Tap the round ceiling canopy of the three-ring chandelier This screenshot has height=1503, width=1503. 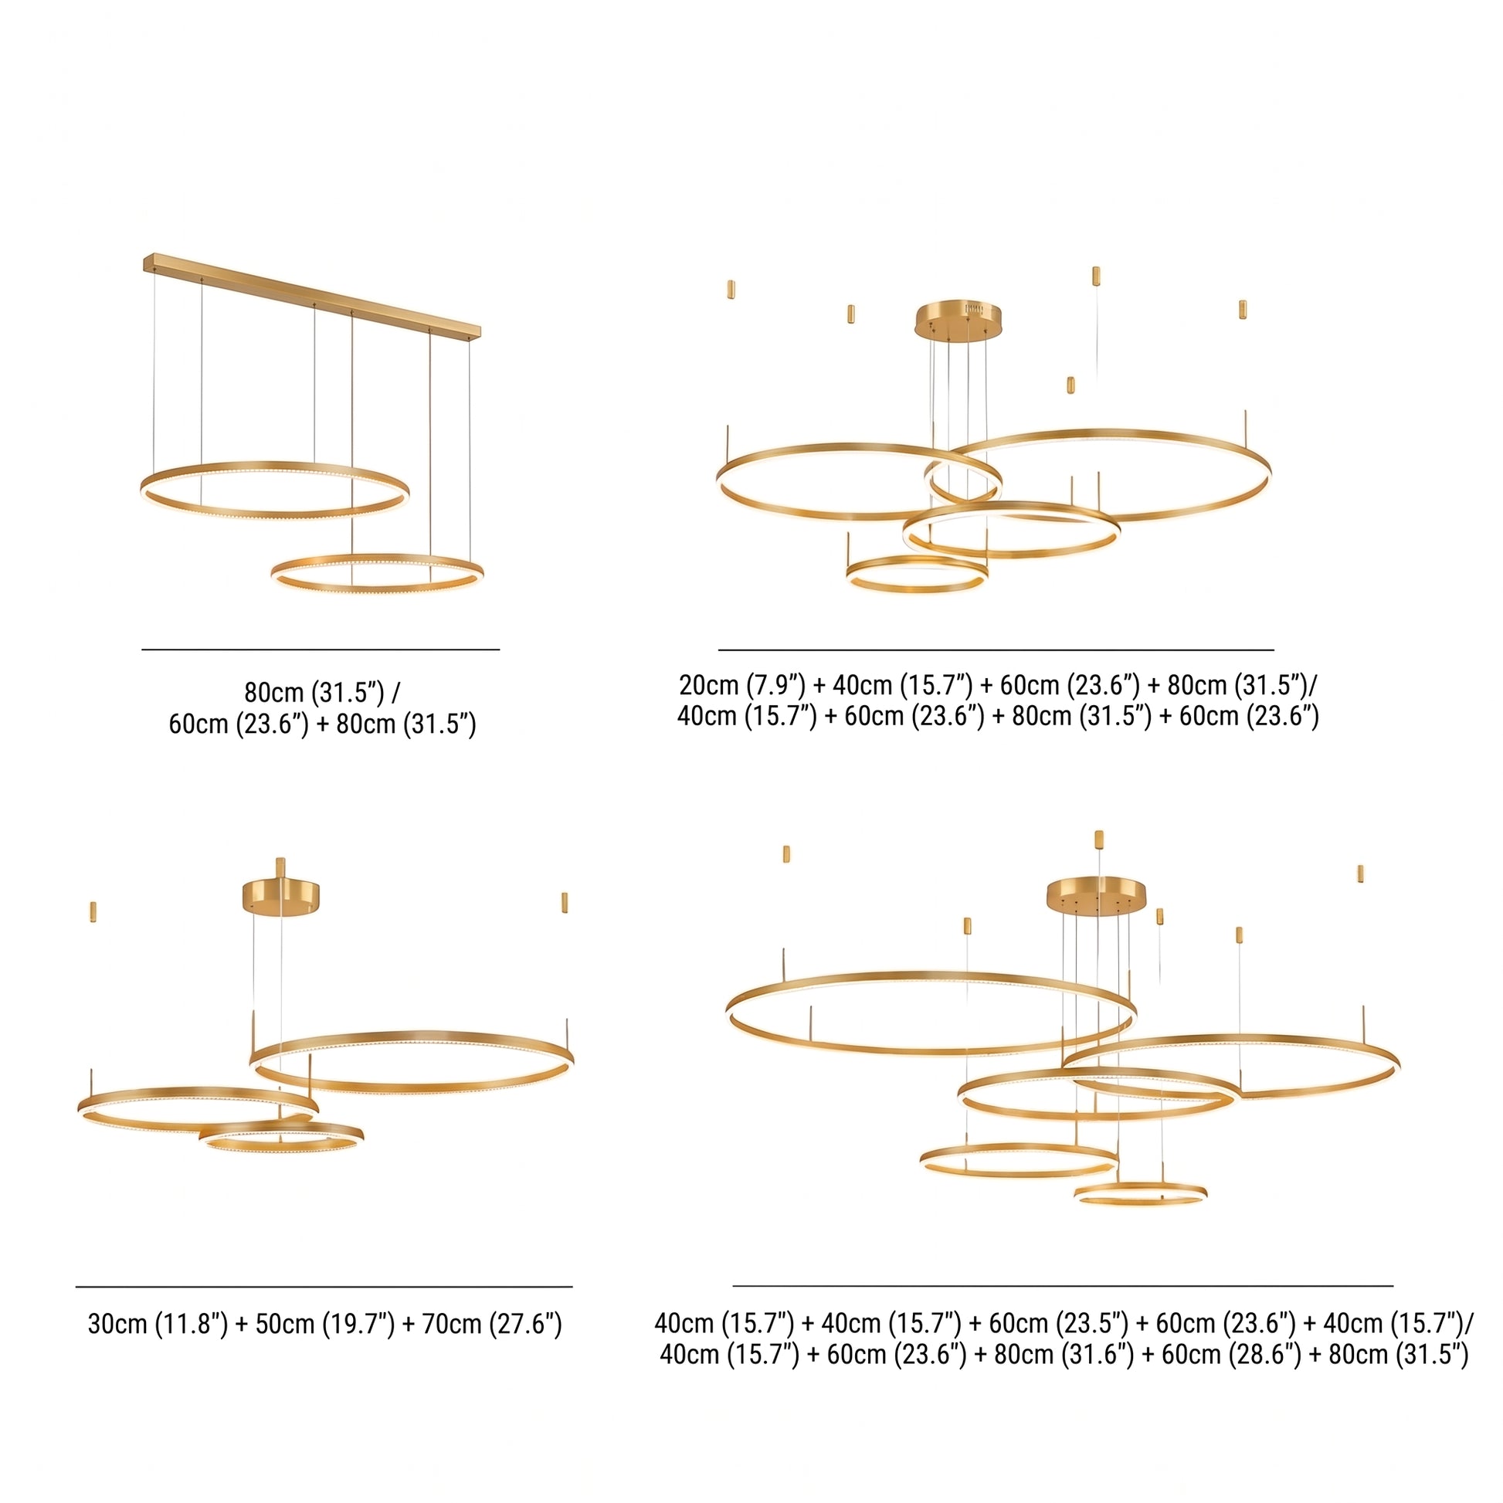click(282, 897)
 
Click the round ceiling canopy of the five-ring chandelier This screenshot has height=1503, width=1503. click(1097, 896)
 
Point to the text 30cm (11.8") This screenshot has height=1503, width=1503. click(158, 1324)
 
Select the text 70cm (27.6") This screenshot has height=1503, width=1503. click(492, 1324)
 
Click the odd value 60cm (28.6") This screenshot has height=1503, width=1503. click(1231, 1355)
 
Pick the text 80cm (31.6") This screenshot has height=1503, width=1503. click(1064, 1355)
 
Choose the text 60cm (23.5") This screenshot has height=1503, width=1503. click(1059, 1323)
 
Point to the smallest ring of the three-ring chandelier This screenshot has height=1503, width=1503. click(282, 1148)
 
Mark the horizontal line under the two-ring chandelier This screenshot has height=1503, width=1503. click(321, 649)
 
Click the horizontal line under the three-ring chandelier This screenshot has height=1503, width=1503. click(324, 1287)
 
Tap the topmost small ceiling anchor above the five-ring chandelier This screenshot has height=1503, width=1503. click(1098, 840)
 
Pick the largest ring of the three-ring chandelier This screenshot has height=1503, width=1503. click(412, 1087)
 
